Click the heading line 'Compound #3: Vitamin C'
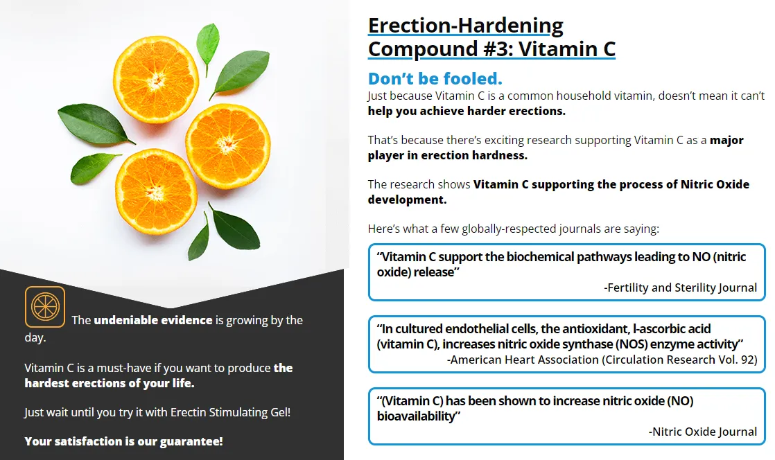(x=491, y=49)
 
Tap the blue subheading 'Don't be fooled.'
(x=435, y=78)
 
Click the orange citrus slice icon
(x=45, y=307)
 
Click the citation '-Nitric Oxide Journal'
(x=703, y=432)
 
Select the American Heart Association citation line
(x=602, y=360)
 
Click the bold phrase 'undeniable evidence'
(x=153, y=320)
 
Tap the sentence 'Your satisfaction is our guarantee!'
(x=123, y=441)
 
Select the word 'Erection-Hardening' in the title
(x=465, y=25)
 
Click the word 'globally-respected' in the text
(x=498, y=229)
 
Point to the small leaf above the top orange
(x=207, y=41)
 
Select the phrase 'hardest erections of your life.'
(x=110, y=383)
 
